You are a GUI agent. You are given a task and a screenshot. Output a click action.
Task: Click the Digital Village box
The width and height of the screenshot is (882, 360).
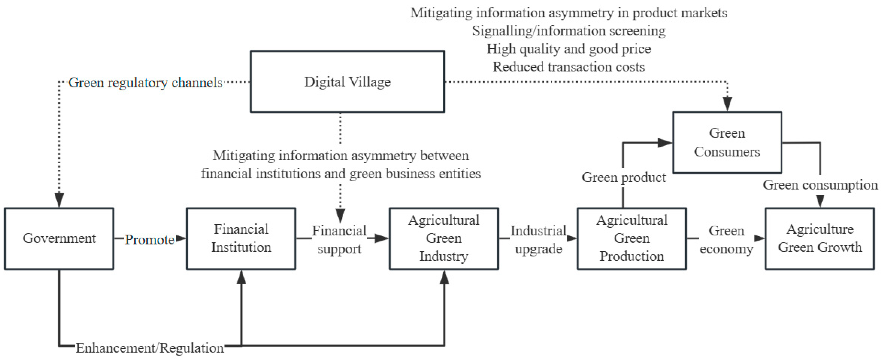(347, 82)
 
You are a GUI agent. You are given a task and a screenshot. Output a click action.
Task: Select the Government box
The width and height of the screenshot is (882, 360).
(59, 238)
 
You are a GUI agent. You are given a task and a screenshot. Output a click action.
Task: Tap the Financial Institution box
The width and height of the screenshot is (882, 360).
(241, 238)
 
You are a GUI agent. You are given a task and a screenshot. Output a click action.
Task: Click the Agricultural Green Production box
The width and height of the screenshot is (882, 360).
(631, 238)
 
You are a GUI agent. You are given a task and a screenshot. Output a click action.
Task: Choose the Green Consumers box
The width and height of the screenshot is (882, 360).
(727, 142)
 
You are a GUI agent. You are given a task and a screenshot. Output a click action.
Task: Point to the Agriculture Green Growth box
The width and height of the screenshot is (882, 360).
(819, 238)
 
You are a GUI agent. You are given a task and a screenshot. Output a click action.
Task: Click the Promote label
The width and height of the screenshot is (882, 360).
(149, 240)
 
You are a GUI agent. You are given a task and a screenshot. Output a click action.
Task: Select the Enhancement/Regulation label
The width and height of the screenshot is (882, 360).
(150, 348)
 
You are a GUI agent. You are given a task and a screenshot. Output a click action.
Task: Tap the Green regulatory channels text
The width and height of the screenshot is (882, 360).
(146, 83)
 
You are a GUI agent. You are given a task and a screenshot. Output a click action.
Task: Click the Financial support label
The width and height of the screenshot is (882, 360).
(339, 239)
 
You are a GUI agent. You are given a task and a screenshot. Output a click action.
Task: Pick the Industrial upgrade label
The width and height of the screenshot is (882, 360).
(538, 239)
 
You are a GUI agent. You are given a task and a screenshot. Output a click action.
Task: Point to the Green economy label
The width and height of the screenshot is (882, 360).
(726, 239)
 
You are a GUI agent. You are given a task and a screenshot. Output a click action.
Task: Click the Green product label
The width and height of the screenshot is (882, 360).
(623, 177)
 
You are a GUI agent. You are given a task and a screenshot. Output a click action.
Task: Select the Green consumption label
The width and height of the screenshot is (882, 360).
(820, 185)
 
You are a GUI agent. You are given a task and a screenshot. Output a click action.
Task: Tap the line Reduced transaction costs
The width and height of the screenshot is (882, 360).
(568, 67)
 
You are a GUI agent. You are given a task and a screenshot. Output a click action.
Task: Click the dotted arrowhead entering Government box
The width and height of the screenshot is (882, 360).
(59, 200)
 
